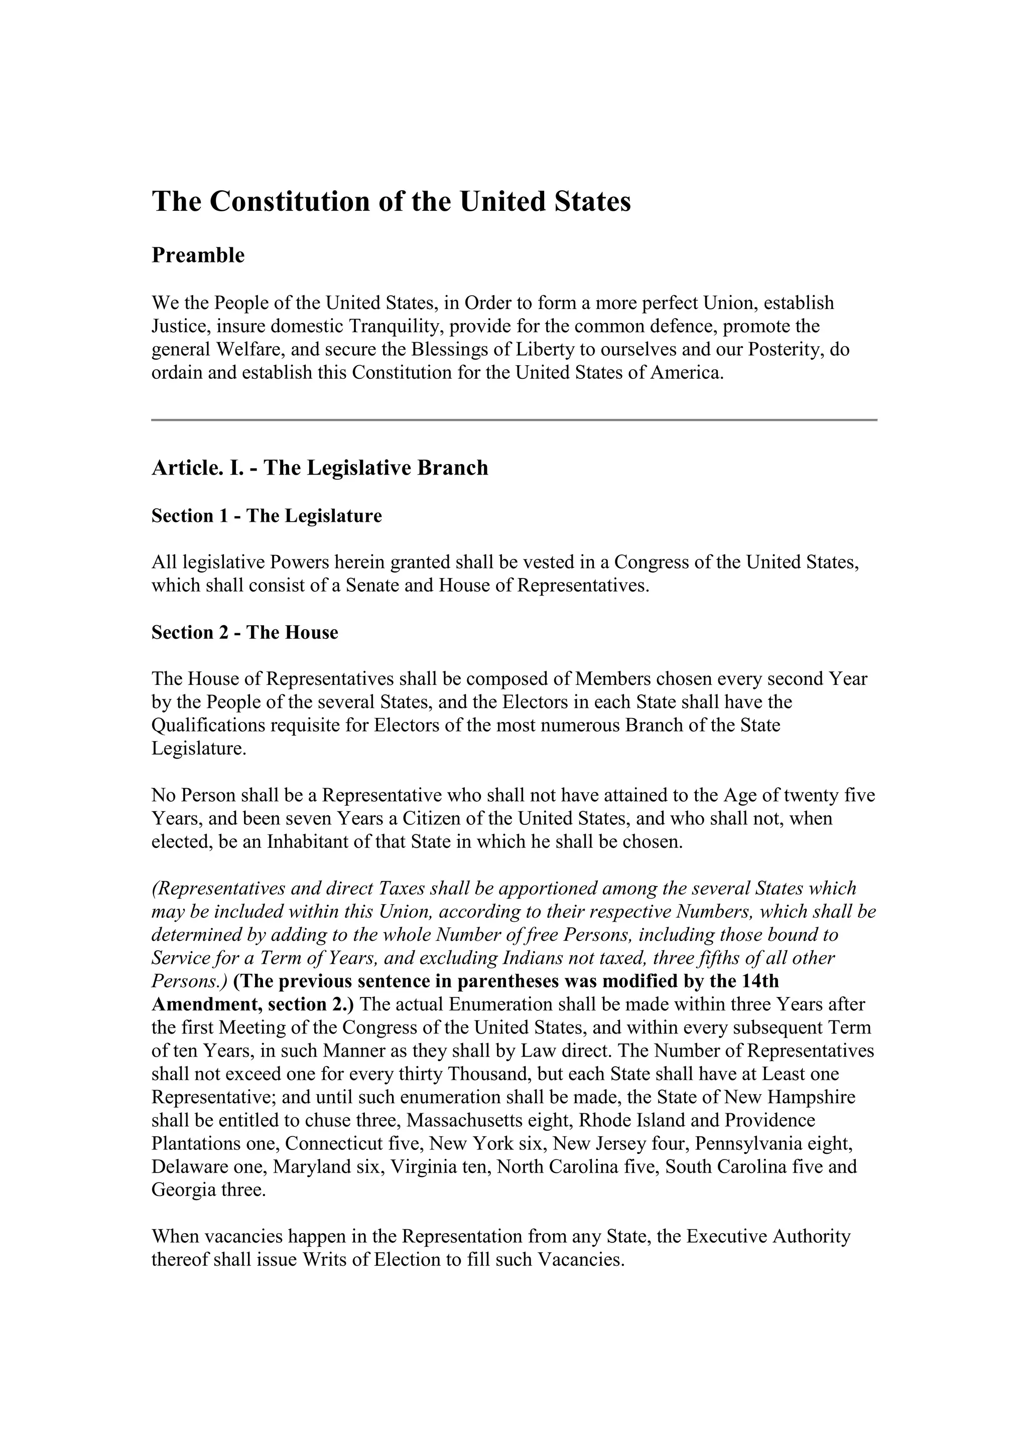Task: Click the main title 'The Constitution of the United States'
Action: [x=391, y=202]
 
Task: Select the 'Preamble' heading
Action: [x=198, y=255]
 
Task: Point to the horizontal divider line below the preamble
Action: [x=513, y=420]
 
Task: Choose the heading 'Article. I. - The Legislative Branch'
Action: [x=319, y=468]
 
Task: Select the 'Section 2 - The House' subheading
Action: [x=244, y=632]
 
